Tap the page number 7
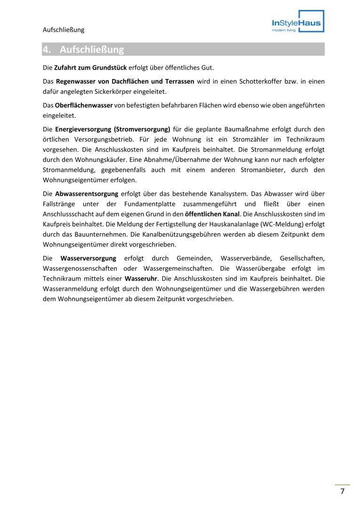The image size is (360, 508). [x=343, y=492]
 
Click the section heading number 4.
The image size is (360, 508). [x=47, y=49]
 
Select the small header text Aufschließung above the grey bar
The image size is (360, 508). [x=64, y=30]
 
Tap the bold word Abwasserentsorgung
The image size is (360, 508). [x=87, y=193]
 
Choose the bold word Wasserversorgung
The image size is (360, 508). [x=88, y=258]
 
